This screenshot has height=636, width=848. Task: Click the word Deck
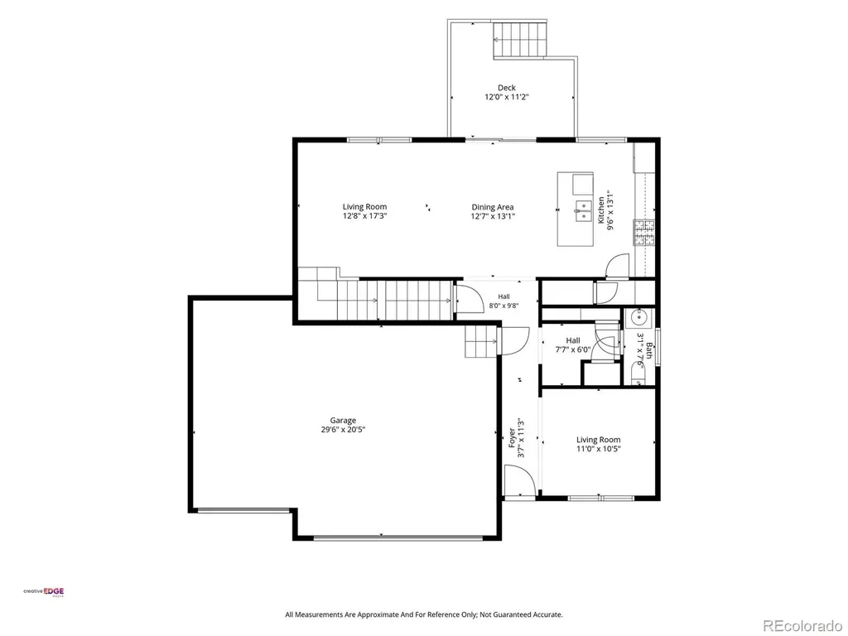point(506,88)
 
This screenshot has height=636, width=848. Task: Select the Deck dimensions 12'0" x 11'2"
point(506,98)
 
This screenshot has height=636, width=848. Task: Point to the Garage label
point(343,420)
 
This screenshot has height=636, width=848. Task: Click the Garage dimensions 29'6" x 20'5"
point(343,430)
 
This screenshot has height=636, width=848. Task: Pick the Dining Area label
point(492,207)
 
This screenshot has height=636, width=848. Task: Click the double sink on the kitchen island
point(583,211)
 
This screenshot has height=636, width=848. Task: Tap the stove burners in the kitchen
point(643,233)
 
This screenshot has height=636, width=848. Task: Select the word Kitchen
point(601,210)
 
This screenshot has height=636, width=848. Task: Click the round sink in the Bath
point(639,317)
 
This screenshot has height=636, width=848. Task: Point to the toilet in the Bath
point(638,373)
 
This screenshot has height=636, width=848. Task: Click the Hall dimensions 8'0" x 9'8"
point(503,306)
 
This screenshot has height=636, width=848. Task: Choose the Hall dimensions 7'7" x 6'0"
point(573,350)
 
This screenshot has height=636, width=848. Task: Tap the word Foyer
point(512,437)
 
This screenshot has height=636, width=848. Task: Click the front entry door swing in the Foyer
point(519,480)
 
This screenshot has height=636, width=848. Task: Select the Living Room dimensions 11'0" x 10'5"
point(598,449)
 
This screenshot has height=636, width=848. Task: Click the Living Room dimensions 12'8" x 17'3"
point(364,216)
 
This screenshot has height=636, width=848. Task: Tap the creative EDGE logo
point(43,591)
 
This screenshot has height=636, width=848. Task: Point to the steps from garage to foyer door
point(480,342)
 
